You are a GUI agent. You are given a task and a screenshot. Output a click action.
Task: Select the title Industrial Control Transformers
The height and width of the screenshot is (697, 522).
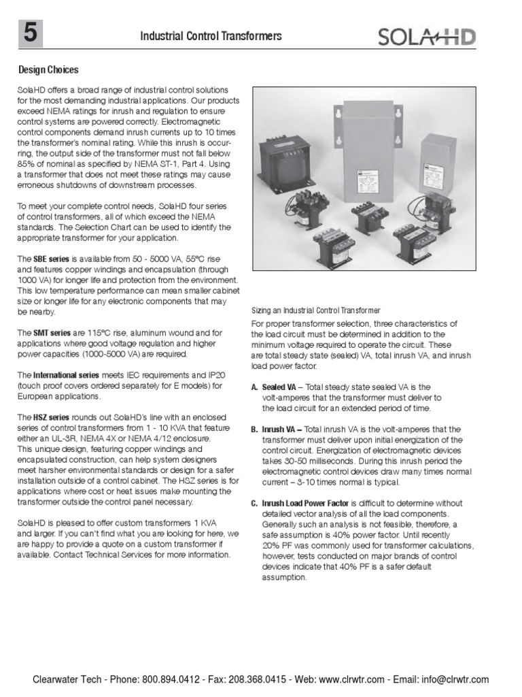coord(211,37)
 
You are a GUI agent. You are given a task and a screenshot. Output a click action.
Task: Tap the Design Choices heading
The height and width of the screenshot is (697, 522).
coord(48,70)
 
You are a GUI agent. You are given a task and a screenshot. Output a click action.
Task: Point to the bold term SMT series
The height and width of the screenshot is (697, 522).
coord(52,333)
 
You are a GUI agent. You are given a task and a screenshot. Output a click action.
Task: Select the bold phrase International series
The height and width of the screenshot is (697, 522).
coord(67,375)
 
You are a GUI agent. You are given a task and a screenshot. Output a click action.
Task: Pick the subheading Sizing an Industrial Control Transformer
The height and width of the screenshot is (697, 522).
coord(316,311)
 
